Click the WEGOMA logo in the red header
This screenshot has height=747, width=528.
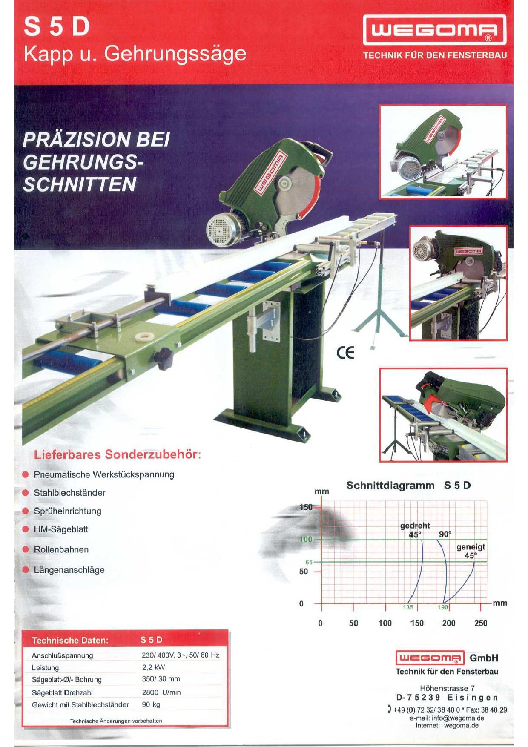point(434,30)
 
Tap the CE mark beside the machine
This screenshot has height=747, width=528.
point(345,353)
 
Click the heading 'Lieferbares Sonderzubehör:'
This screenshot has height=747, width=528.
point(118,454)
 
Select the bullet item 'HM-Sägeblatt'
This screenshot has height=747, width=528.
point(61,529)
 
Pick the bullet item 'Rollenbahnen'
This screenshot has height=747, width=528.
point(61,549)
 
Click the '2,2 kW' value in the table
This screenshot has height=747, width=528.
point(153,667)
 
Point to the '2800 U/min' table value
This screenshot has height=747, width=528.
point(161,692)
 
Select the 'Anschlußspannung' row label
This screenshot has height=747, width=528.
point(62,655)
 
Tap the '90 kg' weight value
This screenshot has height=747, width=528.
point(151,704)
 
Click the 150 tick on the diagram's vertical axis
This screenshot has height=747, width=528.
point(306,507)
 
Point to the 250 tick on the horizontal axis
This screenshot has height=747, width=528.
point(481,623)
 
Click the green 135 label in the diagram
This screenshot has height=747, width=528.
point(408,607)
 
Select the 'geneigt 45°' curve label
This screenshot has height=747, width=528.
point(471,551)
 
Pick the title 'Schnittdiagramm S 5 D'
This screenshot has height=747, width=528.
point(408,486)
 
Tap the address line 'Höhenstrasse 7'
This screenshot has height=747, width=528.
point(447,688)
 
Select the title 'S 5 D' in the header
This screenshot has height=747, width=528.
point(57,26)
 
